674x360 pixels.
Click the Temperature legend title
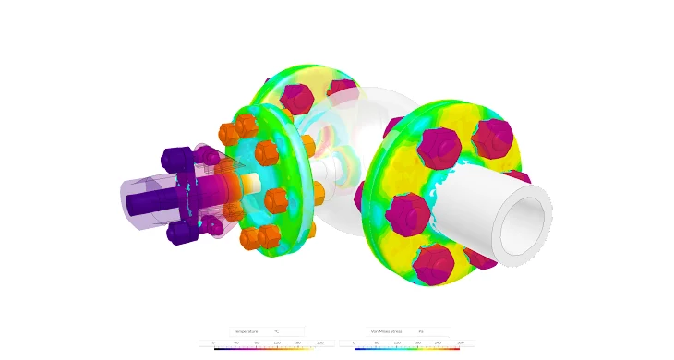[246, 331]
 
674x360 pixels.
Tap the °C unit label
[276, 331]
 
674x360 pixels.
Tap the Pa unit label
[420, 331]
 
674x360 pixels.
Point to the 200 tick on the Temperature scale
[319, 342]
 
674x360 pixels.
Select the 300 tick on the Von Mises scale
[460, 342]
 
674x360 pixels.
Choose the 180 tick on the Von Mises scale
[417, 342]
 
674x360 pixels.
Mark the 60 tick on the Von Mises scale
[377, 342]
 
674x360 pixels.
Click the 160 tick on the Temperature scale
[297, 342]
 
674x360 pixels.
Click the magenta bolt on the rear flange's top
[295, 96]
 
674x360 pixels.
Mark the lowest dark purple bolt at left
[177, 233]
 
